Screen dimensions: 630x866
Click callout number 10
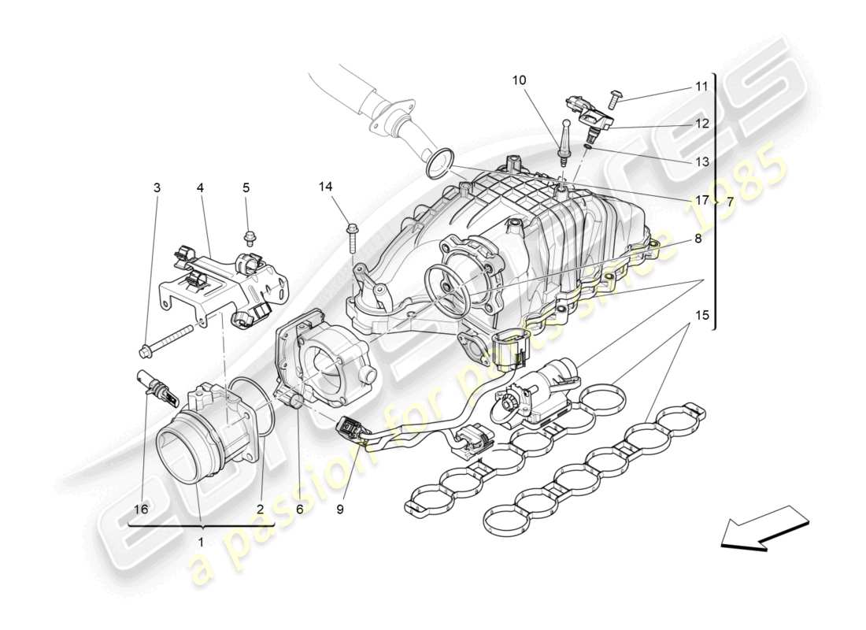(521, 80)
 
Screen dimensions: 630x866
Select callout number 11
(701, 87)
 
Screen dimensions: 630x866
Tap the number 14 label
(326, 187)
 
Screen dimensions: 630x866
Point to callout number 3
(157, 187)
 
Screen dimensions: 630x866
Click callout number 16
(141, 510)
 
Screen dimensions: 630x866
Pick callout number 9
(340, 510)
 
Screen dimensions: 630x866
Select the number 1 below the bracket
(200, 542)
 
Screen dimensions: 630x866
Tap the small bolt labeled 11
(615, 98)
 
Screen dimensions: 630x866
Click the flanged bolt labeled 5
(248, 235)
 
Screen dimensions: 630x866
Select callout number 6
(299, 510)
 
